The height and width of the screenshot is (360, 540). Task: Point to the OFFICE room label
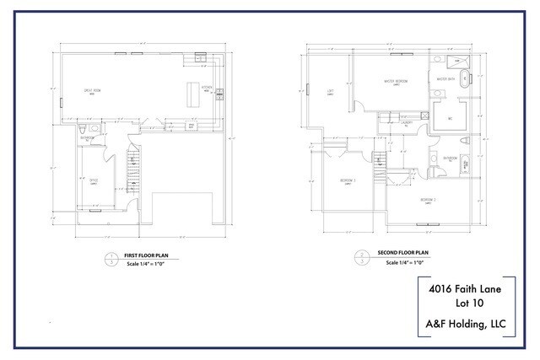click(94, 179)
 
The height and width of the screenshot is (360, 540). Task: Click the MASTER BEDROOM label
click(397, 82)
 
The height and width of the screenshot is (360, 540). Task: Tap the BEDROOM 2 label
click(348, 180)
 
